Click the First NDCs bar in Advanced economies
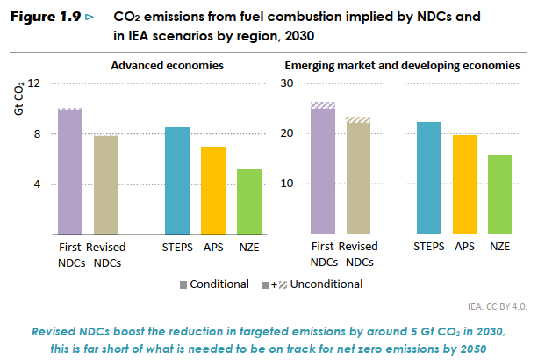[70, 171]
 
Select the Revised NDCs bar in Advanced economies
[106, 184]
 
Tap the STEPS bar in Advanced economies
[177, 180]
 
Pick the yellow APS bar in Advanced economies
[213, 190]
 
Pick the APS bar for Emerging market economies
[465, 184]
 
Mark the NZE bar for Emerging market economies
[500, 194]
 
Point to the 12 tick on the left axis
[34, 83]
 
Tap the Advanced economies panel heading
[167, 66]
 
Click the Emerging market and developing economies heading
[403, 66]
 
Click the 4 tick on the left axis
[38, 184]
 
